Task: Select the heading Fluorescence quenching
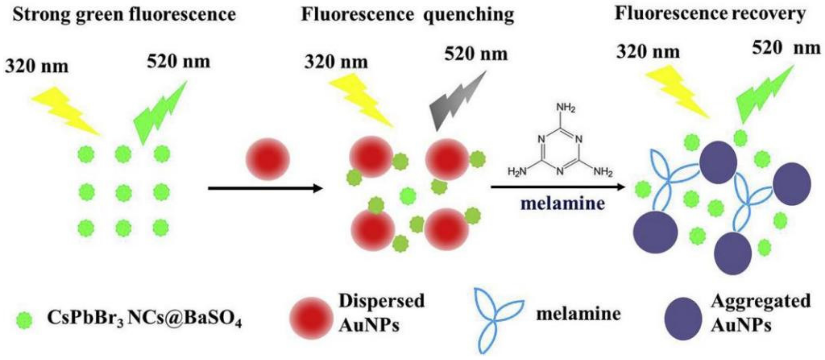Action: (x=407, y=15)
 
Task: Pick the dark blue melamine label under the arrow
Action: (x=563, y=204)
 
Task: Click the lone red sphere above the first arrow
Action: (x=268, y=159)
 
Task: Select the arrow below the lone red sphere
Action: (x=265, y=188)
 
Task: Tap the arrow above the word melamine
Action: (x=558, y=187)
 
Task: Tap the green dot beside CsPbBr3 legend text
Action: (x=24, y=321)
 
